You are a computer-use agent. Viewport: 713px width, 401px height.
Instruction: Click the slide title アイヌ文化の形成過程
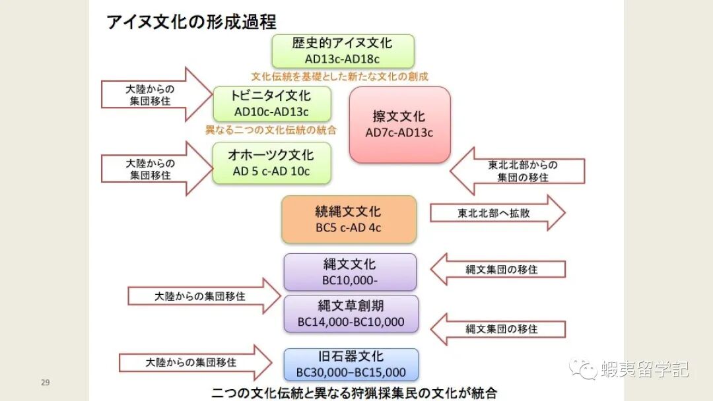(x=191, y=22)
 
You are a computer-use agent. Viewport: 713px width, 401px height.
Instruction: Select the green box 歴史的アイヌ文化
(x=343, y=51)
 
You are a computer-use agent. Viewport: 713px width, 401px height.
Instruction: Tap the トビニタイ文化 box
(x=271, y=104)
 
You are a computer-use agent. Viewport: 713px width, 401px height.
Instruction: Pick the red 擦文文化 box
(x=399, y=124)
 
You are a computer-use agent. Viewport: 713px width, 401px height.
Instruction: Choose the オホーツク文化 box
(x=271, y=163)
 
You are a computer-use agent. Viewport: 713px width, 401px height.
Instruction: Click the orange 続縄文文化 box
(x=349, y=220)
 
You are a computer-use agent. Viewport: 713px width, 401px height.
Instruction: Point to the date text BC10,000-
(x=349, y=280)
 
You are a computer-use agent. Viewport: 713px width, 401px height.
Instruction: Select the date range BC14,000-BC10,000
(x=351, y=323)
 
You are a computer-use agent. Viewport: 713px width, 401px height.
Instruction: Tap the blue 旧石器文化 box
(x=351, y=364)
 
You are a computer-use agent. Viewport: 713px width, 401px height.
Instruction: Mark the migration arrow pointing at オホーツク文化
(x=156, y=169)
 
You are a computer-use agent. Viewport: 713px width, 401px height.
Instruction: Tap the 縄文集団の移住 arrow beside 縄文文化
(x=498, y=269)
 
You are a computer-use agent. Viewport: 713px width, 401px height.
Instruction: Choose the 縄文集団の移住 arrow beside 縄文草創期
(x=498, y=328)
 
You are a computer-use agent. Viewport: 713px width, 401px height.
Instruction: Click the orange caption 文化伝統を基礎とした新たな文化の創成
(x=339, y=77)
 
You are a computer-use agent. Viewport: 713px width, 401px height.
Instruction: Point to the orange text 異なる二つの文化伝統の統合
(x=271, y=130)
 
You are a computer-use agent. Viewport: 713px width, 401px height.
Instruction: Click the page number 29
(x=46, y=383)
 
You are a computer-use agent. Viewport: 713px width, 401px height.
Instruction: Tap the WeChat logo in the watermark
(x=584, y=369)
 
